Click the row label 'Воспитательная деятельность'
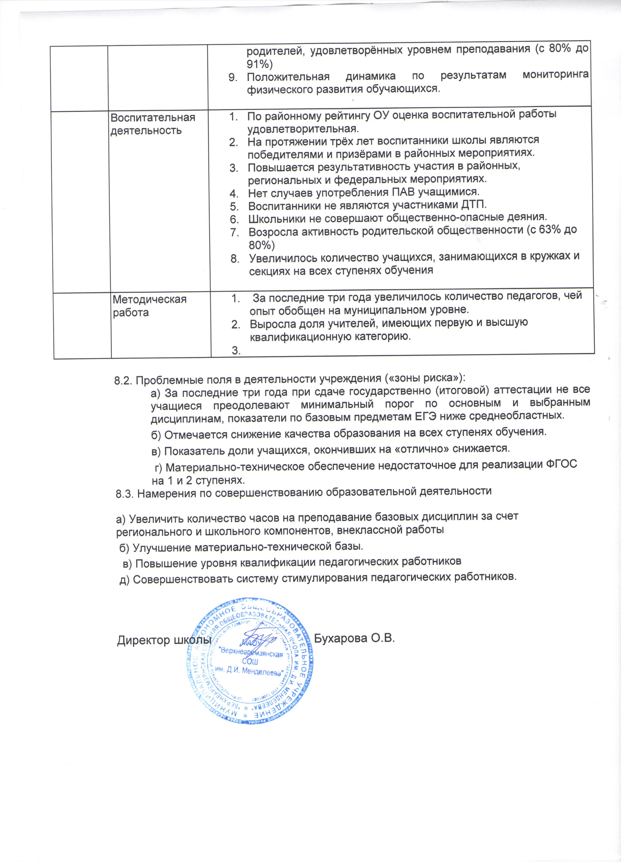coord(153,124)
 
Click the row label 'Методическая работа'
coord(150,306)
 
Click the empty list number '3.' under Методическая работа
coord(236,351)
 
